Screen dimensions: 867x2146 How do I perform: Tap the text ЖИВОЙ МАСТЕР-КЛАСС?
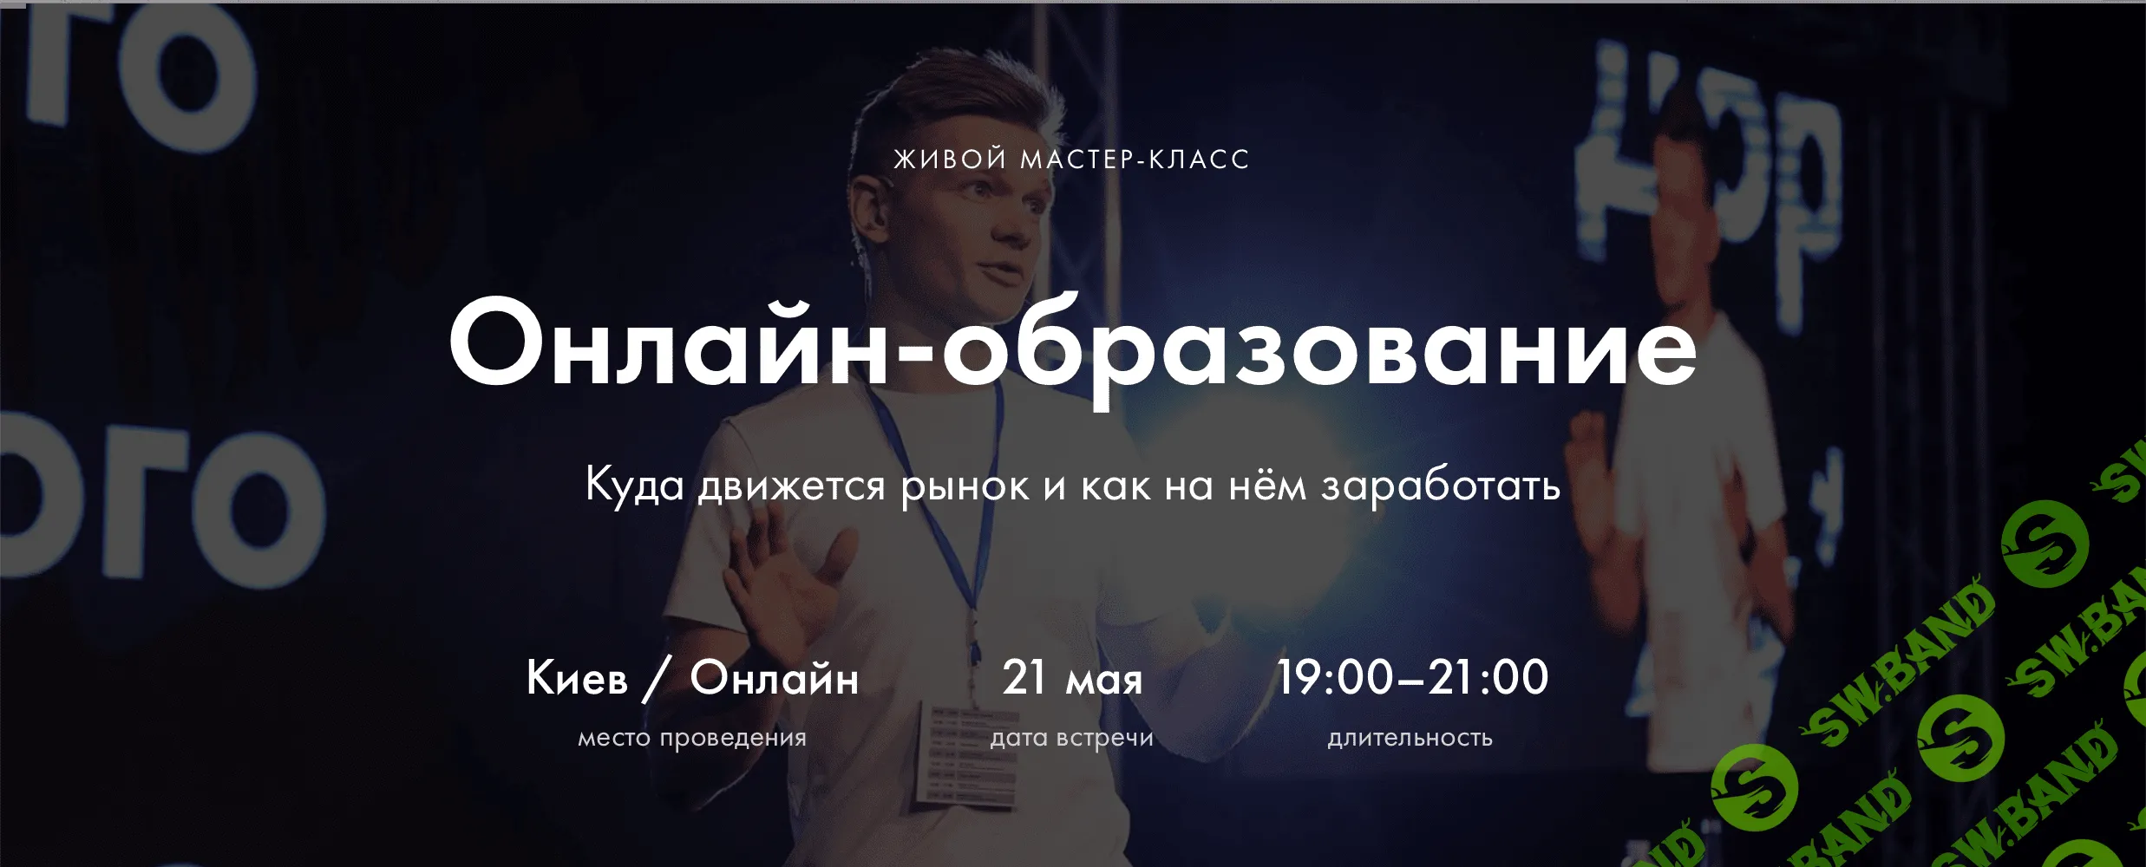1072,160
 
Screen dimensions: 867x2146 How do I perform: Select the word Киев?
577,678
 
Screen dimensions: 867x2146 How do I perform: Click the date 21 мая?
1072,678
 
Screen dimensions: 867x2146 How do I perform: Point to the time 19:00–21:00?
1412,678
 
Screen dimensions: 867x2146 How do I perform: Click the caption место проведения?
692,738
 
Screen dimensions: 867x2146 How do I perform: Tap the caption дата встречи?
1072,738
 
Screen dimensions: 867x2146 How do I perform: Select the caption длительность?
1410,738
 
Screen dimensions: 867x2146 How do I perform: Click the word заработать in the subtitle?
1441,486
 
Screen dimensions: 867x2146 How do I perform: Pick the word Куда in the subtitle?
635,486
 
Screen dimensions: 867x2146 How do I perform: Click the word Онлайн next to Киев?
774,678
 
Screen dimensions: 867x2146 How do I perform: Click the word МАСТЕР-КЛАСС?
1135,160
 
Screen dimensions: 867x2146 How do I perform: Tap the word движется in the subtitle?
792,486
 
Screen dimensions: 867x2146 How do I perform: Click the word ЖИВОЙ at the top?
950,160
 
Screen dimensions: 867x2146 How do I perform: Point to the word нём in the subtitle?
1267,486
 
